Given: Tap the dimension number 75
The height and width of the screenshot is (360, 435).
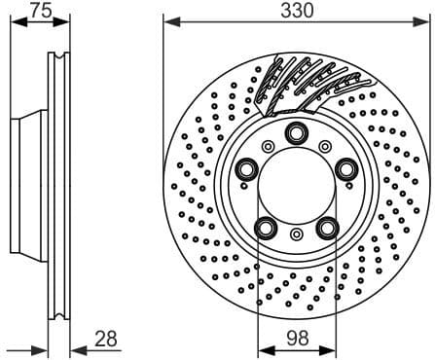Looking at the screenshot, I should coord(38,11).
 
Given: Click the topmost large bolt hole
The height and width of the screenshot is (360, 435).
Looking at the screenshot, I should coord(295,135).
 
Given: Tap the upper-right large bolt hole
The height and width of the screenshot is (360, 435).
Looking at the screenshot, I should coord(346,171).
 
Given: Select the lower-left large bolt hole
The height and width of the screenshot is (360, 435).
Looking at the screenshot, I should coord(264,229).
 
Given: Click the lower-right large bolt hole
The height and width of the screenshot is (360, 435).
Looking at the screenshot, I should coord(326,229).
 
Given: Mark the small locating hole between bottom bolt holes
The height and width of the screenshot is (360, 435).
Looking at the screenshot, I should coord(295,234).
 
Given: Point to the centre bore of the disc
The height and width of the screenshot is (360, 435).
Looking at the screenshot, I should coord(295,187).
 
